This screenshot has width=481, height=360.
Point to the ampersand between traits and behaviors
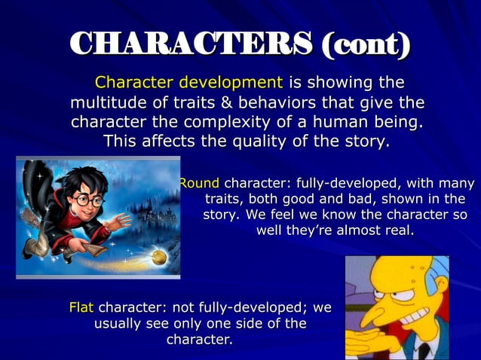pos(235,102)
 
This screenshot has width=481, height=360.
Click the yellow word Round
pos(199,183)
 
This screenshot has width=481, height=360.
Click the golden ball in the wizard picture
pos(159,258)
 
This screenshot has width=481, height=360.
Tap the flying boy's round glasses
pos(87,200)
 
